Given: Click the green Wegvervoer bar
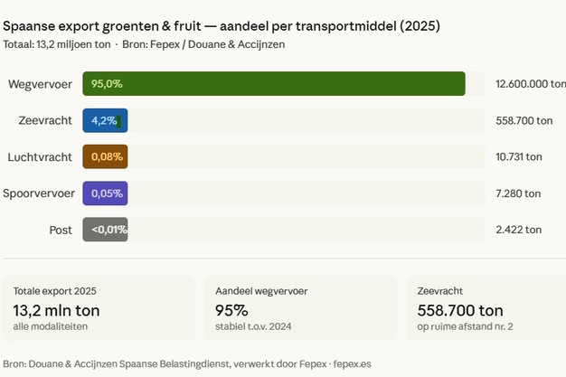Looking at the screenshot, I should click(x=274, y=84).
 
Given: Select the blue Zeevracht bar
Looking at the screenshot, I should click(x=105, y=120).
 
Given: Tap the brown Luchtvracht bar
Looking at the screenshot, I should click(x=105, y=156).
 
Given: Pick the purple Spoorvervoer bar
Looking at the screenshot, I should click(x=105, y=193).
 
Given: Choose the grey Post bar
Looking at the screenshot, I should click(x=105, y=230).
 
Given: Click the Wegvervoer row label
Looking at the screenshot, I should click(x=40, y=84).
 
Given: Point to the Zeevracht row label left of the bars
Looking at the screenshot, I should click(x=45, y=120).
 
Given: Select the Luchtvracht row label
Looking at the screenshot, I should click(x=40, y=156).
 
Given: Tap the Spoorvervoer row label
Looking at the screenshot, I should click(x=38, y=193).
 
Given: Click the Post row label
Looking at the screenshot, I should click(x=61, y=230).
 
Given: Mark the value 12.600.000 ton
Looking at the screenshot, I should click(x=530, y=84).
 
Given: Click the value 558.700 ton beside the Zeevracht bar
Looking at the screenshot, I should click(x=524, y=120).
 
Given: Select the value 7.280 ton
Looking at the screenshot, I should click(x=518, y=193).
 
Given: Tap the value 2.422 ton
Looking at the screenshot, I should click(x=518, y=230).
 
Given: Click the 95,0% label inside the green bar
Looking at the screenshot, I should click(x=107, y=84).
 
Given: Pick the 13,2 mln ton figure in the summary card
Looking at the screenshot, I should click(x=57, y=310).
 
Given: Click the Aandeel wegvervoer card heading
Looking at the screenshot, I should click(x=260, y=291).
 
